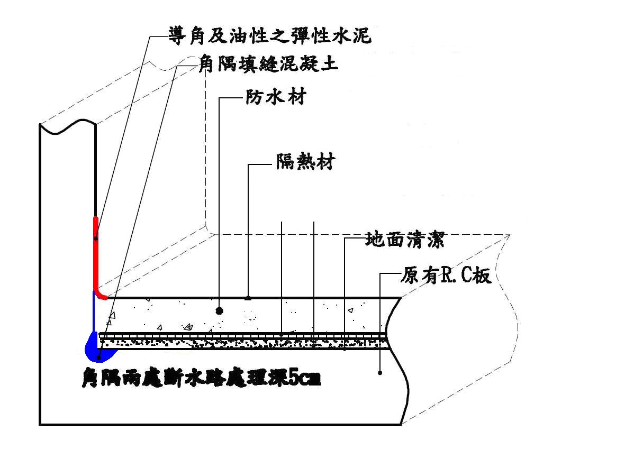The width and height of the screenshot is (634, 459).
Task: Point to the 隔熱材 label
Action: tap(305, 161)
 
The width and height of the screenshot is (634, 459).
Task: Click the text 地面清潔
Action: tap(404, 240)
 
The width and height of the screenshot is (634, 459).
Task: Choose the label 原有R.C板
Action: tap(446, 275)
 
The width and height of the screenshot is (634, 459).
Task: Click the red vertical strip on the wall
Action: tap(96, 249)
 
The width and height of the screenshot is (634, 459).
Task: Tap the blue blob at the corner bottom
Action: tap(92, 346)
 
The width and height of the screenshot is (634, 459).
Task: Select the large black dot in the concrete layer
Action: tap(219, 310)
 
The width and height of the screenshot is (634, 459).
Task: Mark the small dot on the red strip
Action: tap(96, 238)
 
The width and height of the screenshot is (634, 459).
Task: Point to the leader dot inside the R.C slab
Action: tap(380, 373)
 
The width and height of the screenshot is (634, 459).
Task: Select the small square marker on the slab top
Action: tap(248, 298)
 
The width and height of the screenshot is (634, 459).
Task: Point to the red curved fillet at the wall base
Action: tap(101, 295)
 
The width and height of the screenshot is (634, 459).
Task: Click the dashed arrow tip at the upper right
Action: tap(509, 234)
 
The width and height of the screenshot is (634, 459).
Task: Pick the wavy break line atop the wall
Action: tap(68, 128)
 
